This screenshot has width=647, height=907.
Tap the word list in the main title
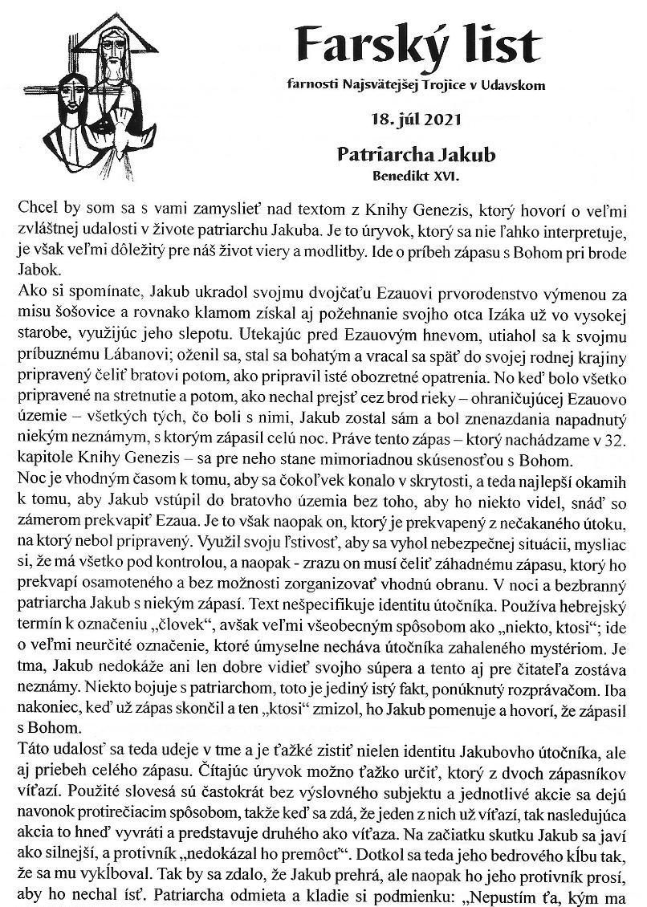click(499, 40)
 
